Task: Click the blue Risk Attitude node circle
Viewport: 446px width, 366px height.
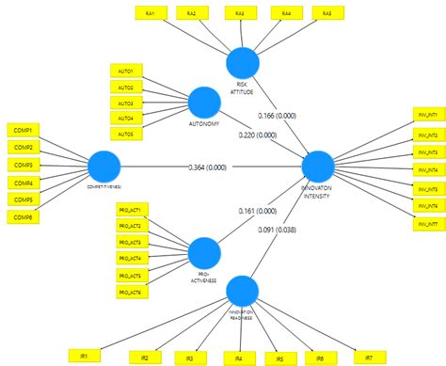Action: pos(242,63)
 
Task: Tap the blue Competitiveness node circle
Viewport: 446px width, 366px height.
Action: pos(104,168)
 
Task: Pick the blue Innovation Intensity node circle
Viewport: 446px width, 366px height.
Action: pos(318,167)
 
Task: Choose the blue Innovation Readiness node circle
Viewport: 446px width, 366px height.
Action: pos(242,290)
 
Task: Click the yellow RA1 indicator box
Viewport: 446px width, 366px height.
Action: pos(151,13)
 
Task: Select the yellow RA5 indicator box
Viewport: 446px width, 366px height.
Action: pos(327,13)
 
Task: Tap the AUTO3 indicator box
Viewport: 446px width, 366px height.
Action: pos(125,103)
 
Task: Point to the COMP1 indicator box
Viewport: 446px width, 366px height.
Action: pos(23,130)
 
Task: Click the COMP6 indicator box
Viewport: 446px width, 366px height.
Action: pos(23,217)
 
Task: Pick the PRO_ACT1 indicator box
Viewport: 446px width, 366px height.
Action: pos(130,209)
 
